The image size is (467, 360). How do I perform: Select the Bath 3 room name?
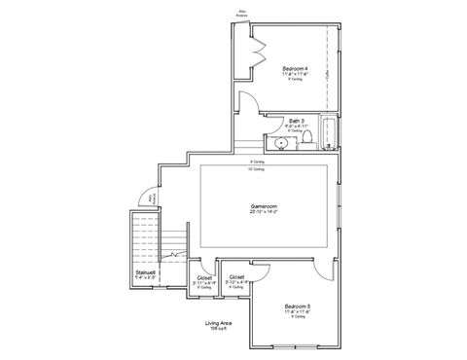(296, 121)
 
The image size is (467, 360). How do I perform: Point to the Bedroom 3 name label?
(298, 306)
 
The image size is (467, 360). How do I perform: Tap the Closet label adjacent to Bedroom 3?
(236, 276)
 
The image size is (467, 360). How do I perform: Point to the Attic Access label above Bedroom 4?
(241, 15)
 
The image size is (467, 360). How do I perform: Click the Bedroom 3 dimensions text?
(298, 311)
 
